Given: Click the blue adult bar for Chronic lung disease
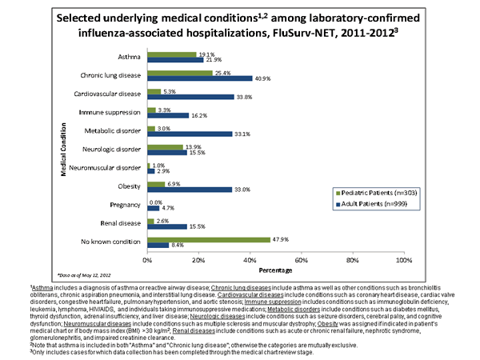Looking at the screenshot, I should tap(200, 78).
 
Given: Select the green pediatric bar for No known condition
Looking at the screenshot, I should tap(209, 238).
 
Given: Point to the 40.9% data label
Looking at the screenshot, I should tap(263, 78).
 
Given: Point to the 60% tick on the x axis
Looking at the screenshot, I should tap(302, 261).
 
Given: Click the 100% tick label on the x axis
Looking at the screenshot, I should tap(404, 261).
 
